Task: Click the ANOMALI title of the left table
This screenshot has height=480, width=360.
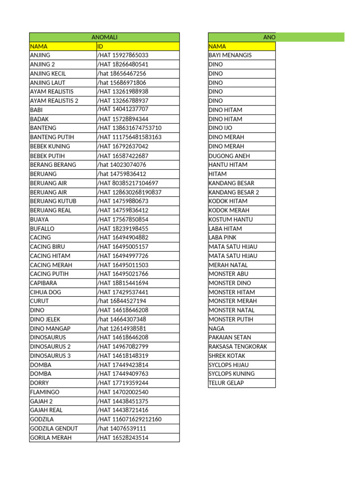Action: [x=104, y=37]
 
